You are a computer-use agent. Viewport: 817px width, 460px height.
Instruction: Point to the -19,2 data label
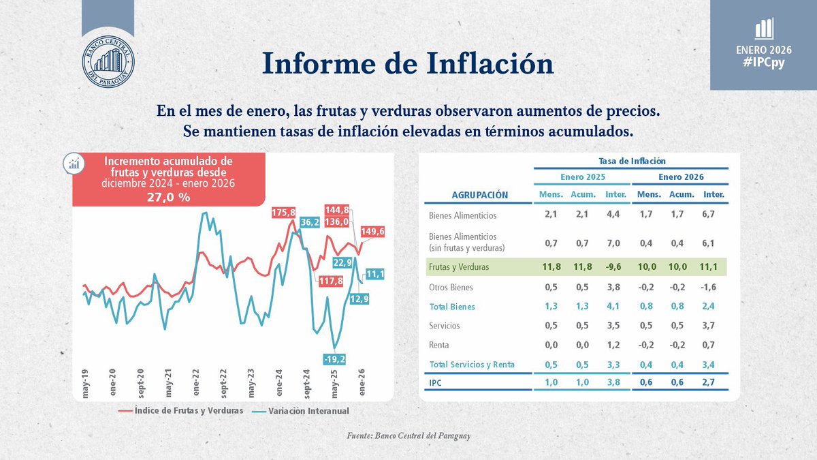335,358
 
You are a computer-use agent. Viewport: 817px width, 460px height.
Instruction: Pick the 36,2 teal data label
310,221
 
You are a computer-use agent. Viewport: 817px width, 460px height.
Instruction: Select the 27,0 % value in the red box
168,197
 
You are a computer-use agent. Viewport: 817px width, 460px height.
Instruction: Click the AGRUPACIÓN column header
480,195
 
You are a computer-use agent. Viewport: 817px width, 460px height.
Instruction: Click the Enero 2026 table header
680,177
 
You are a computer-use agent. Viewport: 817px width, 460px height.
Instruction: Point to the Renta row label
440,345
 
